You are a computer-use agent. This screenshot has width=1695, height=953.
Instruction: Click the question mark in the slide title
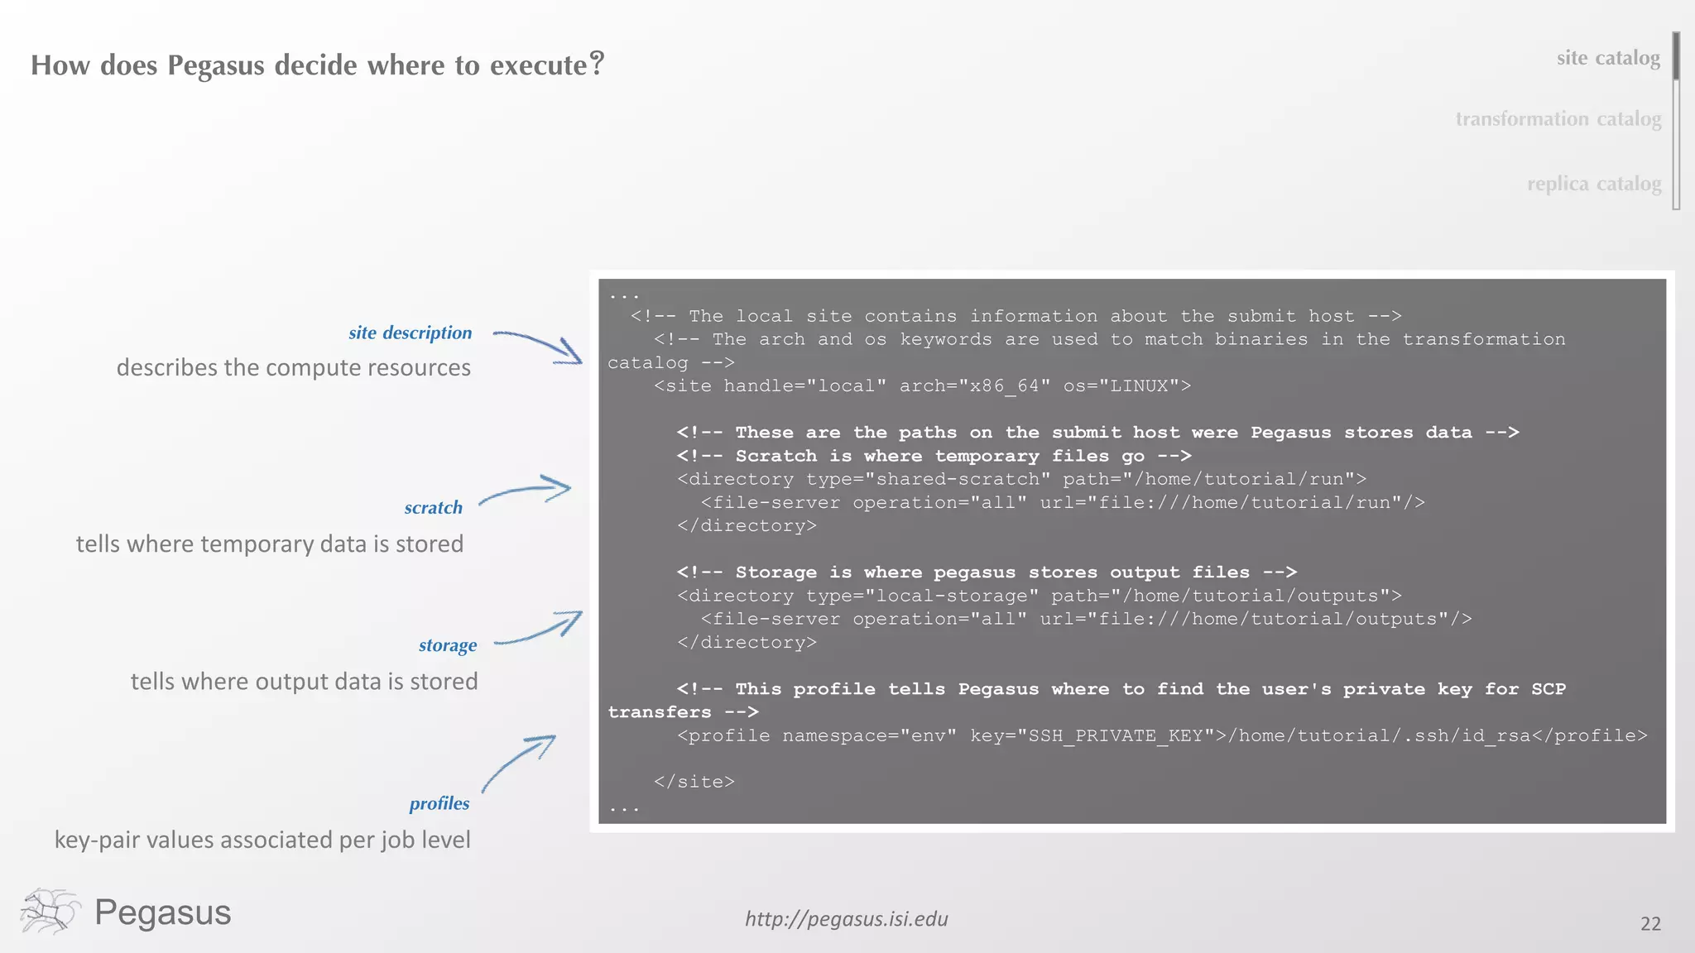pos(597,63)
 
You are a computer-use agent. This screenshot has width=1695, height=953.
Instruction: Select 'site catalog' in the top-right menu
pos(1607,58)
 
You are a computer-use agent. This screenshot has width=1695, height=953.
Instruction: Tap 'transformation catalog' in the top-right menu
pos(1558,119)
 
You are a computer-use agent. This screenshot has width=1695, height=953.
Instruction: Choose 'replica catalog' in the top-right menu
pos(1593,184)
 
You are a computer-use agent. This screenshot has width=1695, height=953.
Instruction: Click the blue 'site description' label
pos(410,333)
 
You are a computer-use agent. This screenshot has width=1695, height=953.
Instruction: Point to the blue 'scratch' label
pos(433,507)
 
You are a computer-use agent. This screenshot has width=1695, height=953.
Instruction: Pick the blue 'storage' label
pos(447,645)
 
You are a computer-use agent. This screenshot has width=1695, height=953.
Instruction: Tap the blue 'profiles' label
pos(439,803)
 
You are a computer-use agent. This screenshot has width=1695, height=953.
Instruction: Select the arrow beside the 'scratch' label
pos(526,491)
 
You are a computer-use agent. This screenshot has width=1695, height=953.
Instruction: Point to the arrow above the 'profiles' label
pos(518,763)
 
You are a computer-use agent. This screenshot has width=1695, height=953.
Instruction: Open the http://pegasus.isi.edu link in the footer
pos(846,919)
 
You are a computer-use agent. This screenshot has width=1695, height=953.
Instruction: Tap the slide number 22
pos(1649,924)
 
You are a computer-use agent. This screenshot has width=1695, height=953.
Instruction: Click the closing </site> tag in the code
pos(694,782)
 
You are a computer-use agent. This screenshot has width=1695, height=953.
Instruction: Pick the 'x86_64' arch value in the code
pos(1004,386)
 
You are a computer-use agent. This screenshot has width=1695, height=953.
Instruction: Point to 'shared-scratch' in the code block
pos(957,479)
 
